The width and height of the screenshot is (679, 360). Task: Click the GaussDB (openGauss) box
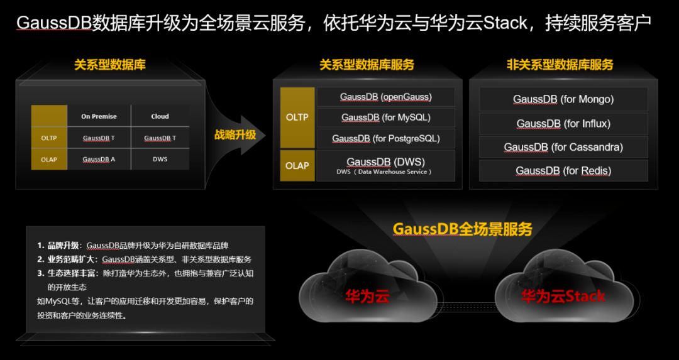386,97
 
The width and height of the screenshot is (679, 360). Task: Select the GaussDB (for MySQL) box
386,117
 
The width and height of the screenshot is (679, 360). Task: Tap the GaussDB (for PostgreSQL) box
386,138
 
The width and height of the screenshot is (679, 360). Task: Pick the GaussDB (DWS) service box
386,165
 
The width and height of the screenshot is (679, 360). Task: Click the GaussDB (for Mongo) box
563,99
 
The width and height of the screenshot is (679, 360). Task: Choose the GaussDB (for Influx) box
563,124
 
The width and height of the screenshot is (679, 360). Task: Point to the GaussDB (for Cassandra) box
563,147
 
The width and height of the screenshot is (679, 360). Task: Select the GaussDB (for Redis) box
563,170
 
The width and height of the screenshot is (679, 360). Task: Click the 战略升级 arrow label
235,134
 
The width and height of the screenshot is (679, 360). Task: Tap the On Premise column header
99,116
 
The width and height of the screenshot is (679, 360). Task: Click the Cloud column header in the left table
160,116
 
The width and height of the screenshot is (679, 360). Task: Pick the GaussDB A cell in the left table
99,159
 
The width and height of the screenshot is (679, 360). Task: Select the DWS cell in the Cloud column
160,159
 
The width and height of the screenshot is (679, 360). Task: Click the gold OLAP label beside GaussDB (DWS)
297,165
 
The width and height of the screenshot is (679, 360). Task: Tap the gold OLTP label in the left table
49,138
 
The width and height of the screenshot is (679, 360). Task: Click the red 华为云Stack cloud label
563,297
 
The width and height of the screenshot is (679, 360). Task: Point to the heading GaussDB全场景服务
463,229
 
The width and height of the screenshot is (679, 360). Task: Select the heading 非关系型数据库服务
560,65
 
